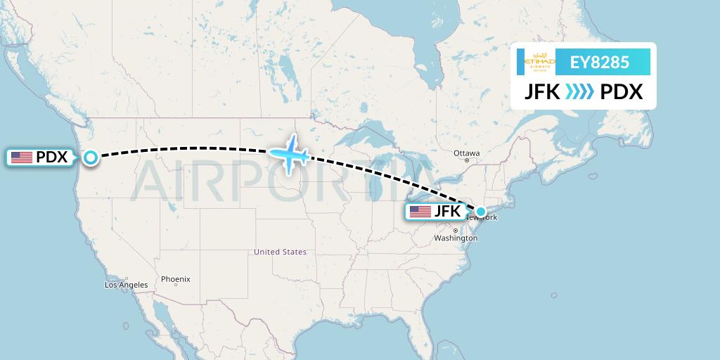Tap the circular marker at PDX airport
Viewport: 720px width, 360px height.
tap(91, 157)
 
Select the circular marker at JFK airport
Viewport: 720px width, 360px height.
tap(481, 211)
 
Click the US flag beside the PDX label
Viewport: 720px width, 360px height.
tap(22, 157)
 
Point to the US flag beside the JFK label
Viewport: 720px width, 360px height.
tap(420, 211)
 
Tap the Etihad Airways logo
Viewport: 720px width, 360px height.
tap(540, 63)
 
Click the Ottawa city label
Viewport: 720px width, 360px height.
tap(466, 153)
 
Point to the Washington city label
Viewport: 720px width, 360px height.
tap(456, 238)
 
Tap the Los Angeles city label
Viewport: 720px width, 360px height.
tap(127, 285)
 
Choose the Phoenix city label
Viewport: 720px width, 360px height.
tap(176, 279)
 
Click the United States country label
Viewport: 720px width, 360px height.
tap(281, 252)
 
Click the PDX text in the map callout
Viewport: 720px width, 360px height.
tap(51, 157)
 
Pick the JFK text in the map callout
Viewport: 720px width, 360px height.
tap(446, 211)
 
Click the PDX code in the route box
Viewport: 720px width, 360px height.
tap(622, 92)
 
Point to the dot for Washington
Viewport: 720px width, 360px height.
tap(456, 231)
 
